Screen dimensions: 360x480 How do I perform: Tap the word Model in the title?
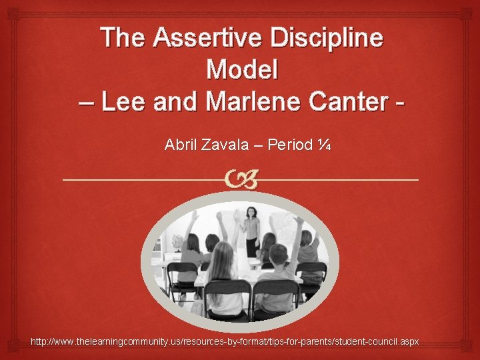click(242, 69)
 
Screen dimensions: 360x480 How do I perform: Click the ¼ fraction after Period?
click(323, 144)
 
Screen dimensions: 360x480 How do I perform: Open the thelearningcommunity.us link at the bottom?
click(225, 341)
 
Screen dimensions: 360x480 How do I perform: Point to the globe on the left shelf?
click(177, 243)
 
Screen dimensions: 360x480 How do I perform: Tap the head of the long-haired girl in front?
click(223, 257)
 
